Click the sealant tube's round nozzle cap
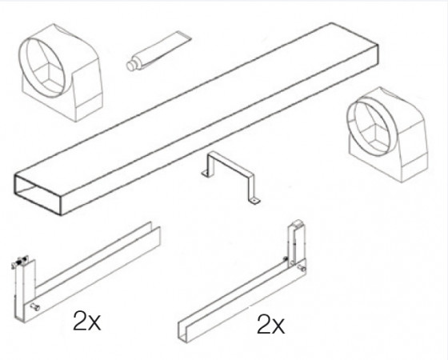[x=131, y=66]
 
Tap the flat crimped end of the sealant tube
[x=183, y=35]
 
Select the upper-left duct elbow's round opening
[x=46, y=66]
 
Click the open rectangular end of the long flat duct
[x=38, y=195]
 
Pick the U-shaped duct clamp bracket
[x=230, y=177]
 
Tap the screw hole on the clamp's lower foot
[x=254, y=201]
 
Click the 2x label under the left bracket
[x=87, y=321]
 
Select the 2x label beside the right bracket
[x=270, y=324]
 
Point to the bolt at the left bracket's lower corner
[x=35, y=307]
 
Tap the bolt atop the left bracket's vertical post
[x=20, y=262]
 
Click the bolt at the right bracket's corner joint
[x=302, y=268]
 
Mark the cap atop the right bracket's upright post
[x=297, y=224]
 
